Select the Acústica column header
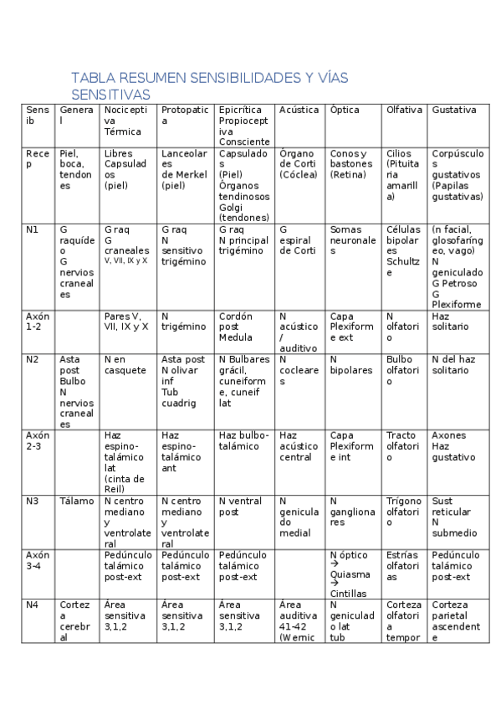(x=299, y=110)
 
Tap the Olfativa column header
(x=404, y=110)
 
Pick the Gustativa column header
(x=454, y=110)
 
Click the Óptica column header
(x=345, y=110)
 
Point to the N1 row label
(x=33, y=229)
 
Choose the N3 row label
(x=33, y=502)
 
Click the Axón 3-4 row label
(x=38, y=560)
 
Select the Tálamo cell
(x=77, y=502)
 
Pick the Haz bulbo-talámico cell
(x=244, y=440)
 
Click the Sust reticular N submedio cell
(x=454, y=517)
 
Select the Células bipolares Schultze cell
(x=404, y=250)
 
